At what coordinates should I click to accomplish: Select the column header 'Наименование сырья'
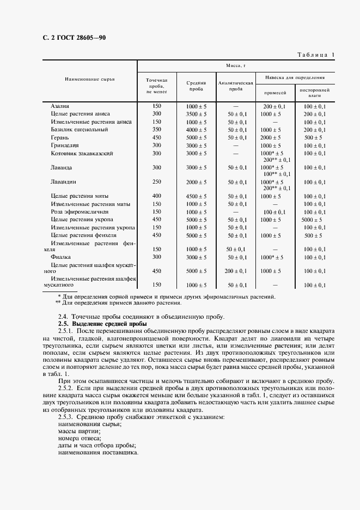(x=90, y=80)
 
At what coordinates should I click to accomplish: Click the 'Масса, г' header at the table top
(x=236, y=65)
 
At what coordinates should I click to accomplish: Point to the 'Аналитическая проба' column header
(x=236, y=85)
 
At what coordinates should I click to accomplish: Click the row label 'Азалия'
(x=59, y=106)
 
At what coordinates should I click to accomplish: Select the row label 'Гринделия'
(x=64, y=146)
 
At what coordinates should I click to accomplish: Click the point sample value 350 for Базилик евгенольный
(x=157, y=130)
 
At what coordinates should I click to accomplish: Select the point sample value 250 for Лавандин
(x=157, y=182)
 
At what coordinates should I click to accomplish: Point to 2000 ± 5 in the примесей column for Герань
(x=271, y=138)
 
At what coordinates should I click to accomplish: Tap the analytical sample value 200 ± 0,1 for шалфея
(x=236, y=271)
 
